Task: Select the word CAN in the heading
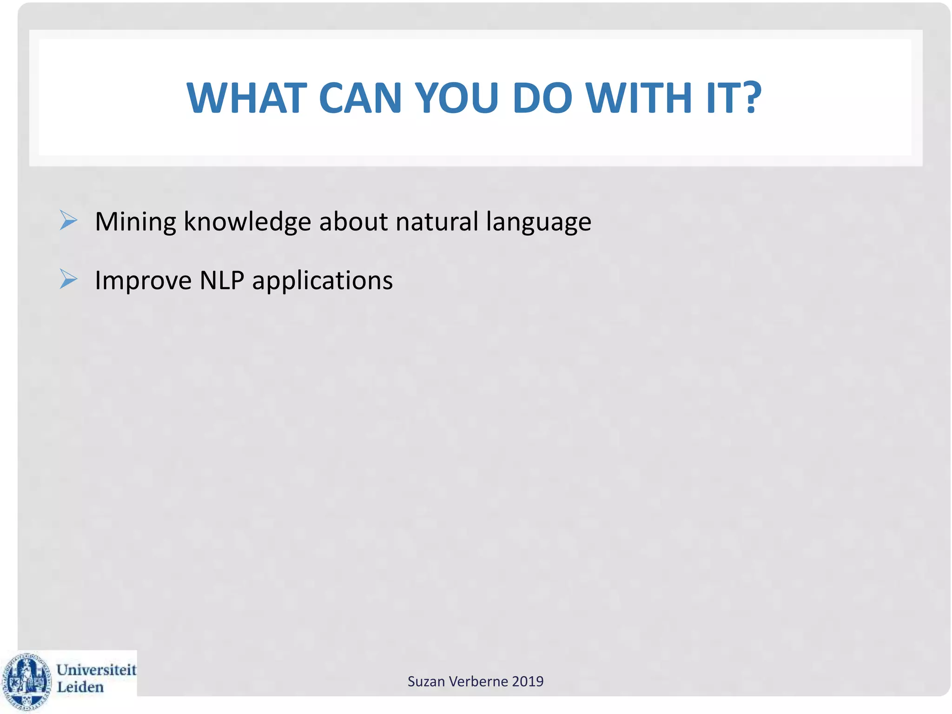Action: coord(360,98)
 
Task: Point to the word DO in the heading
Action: coord(542,98)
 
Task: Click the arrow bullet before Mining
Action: coord(68,220)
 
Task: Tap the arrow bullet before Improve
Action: coord(68,279)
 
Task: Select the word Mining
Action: coord(135,222)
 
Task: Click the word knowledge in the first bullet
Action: coord(247,222)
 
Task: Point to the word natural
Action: coord(436,222)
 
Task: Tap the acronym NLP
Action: coord(222,280)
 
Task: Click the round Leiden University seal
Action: coord(26,681)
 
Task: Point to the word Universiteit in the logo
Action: coord(96,670)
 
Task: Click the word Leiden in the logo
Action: coord(80,688)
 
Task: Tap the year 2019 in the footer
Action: coord(528,681)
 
